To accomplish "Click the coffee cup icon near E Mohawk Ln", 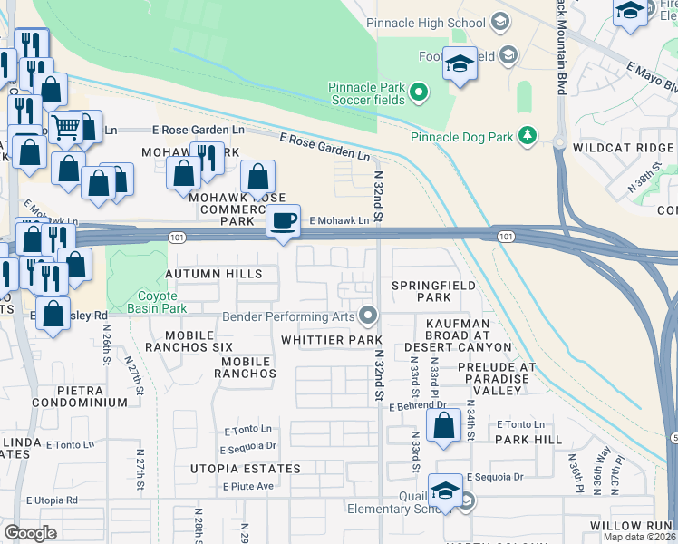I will click(285, 221).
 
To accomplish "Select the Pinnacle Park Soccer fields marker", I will click(419, 92).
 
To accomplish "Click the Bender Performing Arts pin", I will click(368, 316).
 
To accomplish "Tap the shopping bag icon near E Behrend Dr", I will click(444, 425).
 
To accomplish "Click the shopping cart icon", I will click(65, 128).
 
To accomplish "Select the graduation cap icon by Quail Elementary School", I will click(446, 491).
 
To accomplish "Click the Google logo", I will click(31, 533).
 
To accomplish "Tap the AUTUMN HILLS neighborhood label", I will click(214, 274).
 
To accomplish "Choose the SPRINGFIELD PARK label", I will click(421, 291).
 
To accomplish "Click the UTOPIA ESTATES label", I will click(245, 469).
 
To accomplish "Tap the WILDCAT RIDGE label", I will click(624, 147).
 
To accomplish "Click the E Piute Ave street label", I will click(248, 486).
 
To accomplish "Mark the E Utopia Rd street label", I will click(52, 500).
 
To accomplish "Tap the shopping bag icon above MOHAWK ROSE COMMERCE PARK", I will click(258, 176).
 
